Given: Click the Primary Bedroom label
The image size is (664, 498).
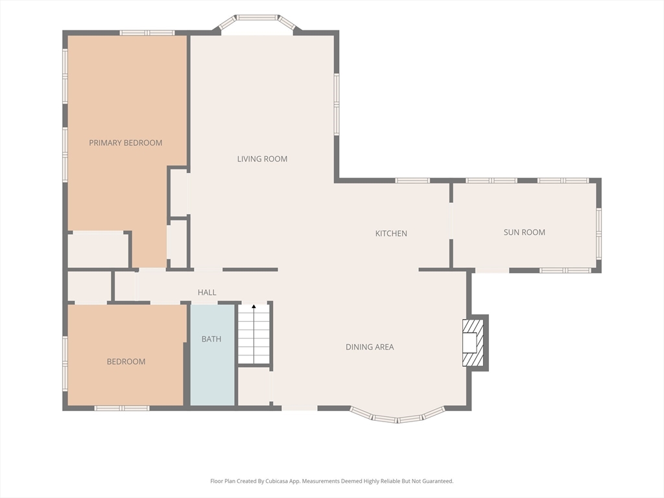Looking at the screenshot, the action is pyautogui.click(x=125, y=143).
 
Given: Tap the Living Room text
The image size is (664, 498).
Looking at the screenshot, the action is pyautogui.click(x=262, y=159).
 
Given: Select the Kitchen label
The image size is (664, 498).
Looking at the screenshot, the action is pyautogui.click(x=391, y=233).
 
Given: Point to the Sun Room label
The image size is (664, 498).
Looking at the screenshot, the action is pyautogui.click(x=524, y=232).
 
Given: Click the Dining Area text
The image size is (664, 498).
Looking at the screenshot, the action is pyautogui.click(x=370, y=347).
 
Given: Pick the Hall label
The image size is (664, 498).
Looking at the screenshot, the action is pyautogui.click(x=207, y=292).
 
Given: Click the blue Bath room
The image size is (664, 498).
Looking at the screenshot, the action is pyautogui.click(x=212, y=355).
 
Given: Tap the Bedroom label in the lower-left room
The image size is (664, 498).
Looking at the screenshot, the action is pyautogui.click(x=126, y=362).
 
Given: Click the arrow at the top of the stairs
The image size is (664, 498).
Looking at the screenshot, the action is pyautogui.click(x=254, y=306).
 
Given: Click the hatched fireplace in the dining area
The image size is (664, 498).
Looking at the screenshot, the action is pyautogui.click(x=473, y=342).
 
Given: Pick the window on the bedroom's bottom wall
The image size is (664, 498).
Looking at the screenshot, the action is pyautogui.click(x=121, y=409).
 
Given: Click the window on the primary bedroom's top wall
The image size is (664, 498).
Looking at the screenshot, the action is pyautogui.click(x=147, y=32).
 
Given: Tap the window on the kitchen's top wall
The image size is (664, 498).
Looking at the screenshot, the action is pyautogui.click(x=412, y=180).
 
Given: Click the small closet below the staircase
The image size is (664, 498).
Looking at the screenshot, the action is pyautogui.click(x=254, y=386).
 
